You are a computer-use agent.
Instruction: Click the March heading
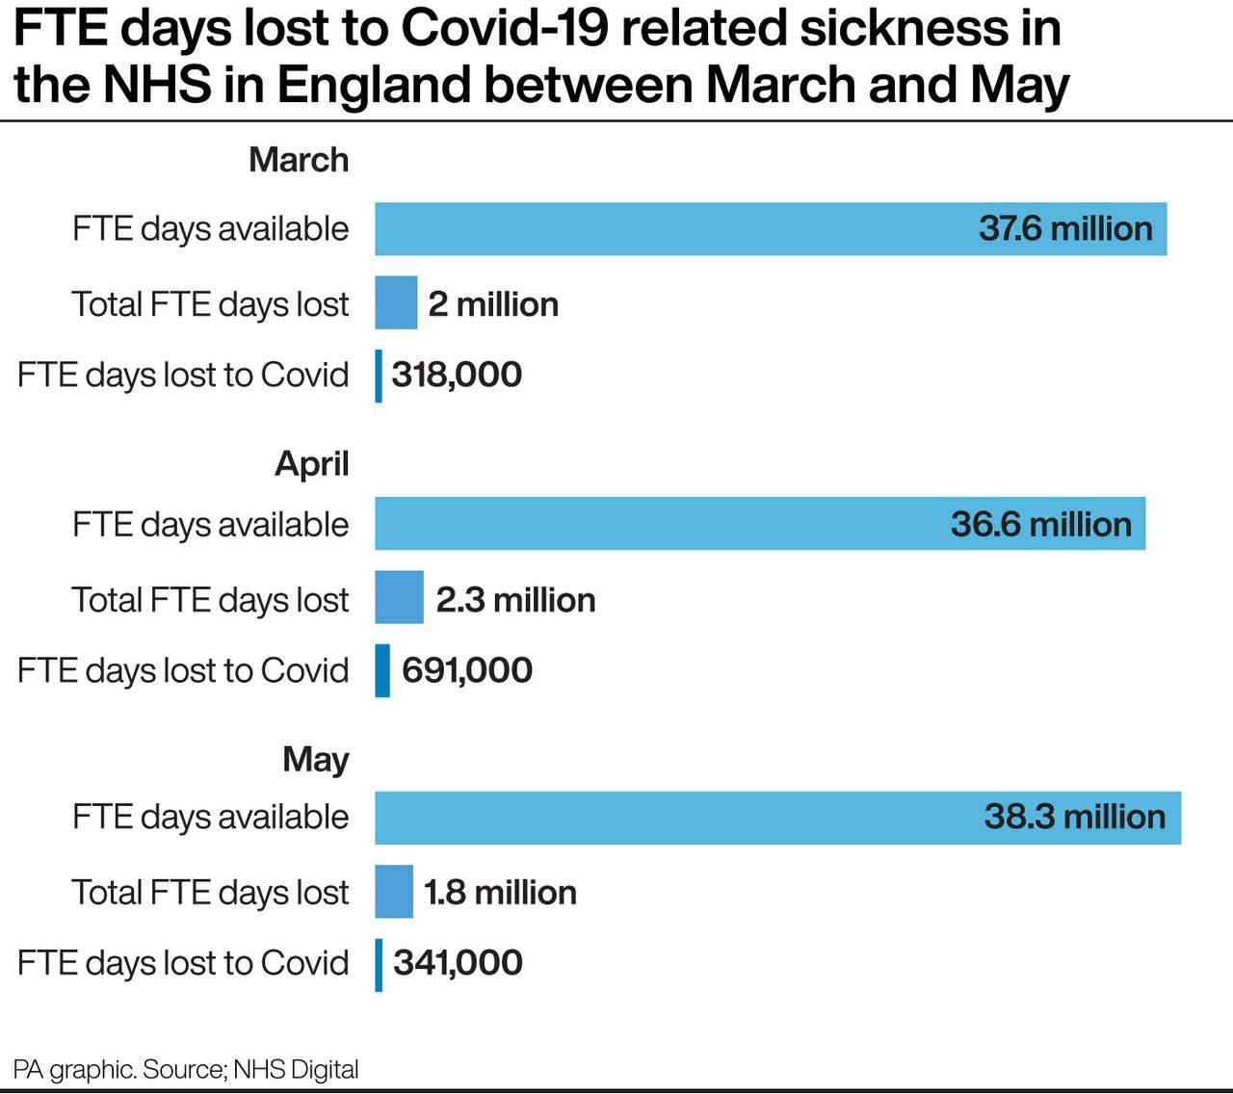299,160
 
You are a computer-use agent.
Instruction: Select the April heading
311,463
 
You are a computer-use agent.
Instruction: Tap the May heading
316,759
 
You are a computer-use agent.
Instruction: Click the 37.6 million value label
1065,229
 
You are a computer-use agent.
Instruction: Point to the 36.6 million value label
1040,524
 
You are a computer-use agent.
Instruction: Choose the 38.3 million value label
1074,817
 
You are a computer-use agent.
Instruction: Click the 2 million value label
493,304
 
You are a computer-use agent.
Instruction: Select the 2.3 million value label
515,600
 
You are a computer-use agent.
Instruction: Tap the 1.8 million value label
500,892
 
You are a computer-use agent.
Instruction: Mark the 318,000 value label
457,375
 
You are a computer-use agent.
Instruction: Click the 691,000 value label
466,670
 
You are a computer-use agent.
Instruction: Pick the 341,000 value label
458,962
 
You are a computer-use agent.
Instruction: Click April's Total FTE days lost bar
399,597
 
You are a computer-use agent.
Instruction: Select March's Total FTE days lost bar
396,302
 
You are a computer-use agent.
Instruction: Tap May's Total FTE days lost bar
394,891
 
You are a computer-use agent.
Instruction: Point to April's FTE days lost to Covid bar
382,670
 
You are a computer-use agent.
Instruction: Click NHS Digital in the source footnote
296,1069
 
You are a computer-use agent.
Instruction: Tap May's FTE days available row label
210,817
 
